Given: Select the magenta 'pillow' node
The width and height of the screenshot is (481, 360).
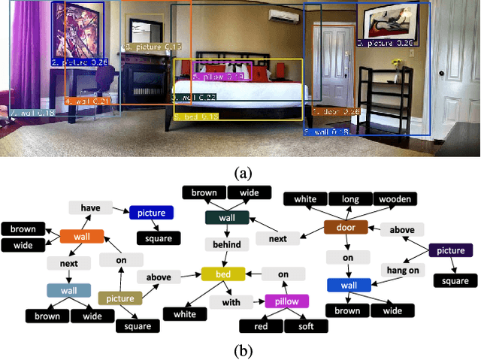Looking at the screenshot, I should [x=286, y=301].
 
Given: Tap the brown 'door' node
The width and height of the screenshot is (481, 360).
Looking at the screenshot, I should [x=345, y=228].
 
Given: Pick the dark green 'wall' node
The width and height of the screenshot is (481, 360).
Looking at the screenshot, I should [x=227, y=217].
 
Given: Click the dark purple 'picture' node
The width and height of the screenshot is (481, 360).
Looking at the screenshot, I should [x=450, y=251].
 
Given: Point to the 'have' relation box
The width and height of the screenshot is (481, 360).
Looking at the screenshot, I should [x=90, y=208].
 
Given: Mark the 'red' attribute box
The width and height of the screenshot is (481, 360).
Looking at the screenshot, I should [x=260, y=326].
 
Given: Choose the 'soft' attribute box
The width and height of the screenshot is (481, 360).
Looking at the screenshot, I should [x=306, y=326].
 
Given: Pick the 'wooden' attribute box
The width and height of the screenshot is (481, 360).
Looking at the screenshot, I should [x=395, y=199].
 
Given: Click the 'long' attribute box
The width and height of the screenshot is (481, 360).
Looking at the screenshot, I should [x=349, y=199].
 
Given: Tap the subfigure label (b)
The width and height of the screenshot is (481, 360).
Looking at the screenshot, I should [x=241, y=349].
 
